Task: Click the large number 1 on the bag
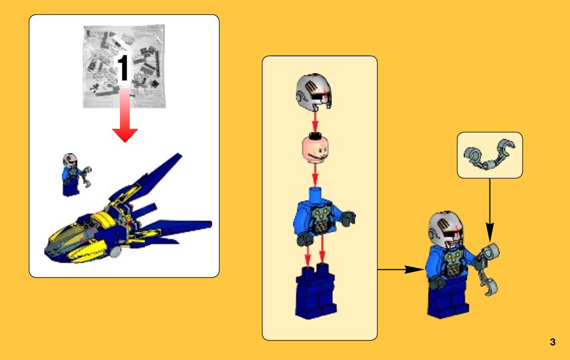(123, 68)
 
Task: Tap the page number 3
(552, 342)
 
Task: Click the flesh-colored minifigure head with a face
(315, 149)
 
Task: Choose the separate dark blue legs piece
(315, 291)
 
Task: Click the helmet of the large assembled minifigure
(446, 229)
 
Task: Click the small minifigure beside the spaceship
(75, 175)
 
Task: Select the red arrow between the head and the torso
(315, 175)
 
